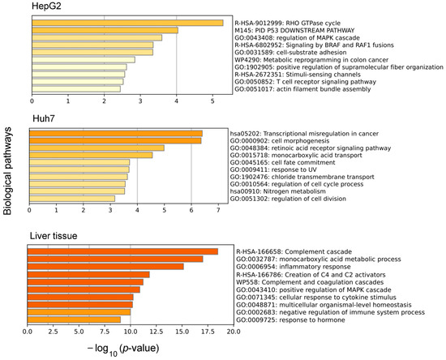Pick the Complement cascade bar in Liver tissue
pos(122,251)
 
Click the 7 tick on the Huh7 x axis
pos(217,212)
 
